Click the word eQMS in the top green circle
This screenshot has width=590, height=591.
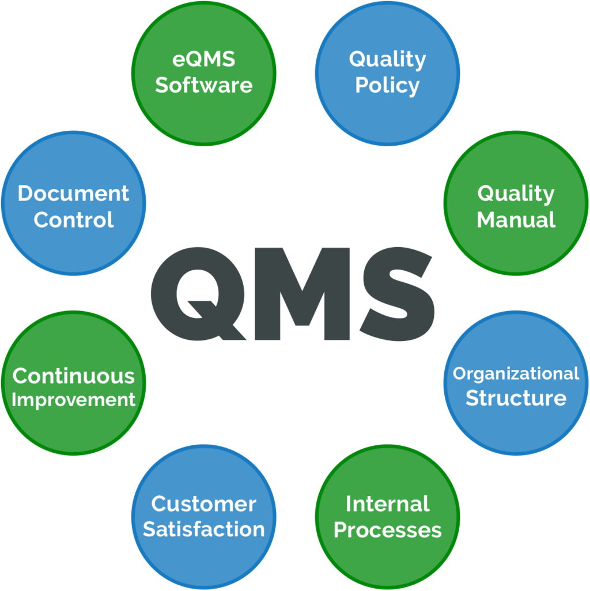coord(204,59)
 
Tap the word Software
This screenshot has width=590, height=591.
coord(204,85)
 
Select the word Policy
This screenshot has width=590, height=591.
coord(387,85)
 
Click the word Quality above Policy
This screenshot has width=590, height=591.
coord(387,59)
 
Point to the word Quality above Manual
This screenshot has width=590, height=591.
coord(516,194)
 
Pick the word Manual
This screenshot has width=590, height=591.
coord(516,220)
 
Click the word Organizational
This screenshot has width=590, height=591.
coord(516,374)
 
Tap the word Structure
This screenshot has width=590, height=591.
coord(516,398)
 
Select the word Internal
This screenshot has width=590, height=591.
coord(387,504)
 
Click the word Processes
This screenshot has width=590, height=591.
coord(387,530)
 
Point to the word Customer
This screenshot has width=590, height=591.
coord(203,504)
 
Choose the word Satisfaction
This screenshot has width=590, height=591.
coord(203,529)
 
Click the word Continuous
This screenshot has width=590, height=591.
coord(73,376)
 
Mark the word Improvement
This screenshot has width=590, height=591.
coord(73,400)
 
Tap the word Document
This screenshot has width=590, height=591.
coord(73,194)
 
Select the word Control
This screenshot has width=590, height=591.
coord(73,220)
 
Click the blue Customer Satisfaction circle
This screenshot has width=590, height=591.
coord(203,553)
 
